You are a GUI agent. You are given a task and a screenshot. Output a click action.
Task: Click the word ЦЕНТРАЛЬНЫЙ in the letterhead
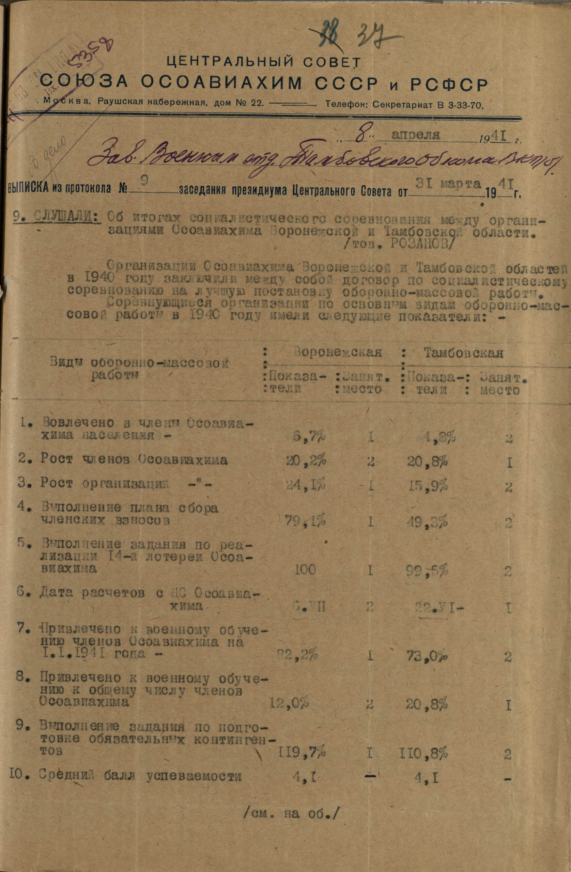224,61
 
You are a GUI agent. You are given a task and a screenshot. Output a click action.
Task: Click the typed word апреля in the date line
416,135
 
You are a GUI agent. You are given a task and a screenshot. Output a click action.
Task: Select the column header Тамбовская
464,353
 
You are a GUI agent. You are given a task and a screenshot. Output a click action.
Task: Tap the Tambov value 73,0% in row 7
427,655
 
